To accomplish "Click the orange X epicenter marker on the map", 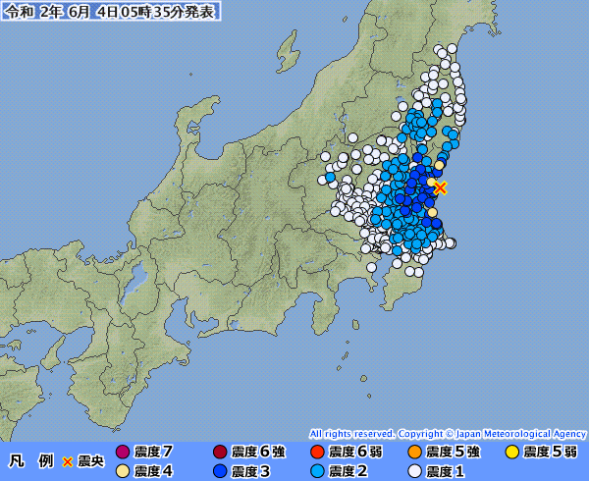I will pyautogui.click(x=441, y=187).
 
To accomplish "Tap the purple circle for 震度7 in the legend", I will pyautogui.click(x=123, y=452).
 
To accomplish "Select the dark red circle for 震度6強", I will pyautogui.click(x=220, y=452).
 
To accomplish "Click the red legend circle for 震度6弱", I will pyautogui.click(x=316, y=452).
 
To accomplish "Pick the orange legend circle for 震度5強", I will pyautogui.click(x=413, y=452).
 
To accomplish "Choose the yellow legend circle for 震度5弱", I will pyautogui.click(x=511, y=452).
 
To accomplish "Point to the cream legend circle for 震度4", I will pyautogui.click(x=123, y=471).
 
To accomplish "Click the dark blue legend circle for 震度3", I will pyautogui.click(x=220, y=471).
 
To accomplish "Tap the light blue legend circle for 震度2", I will pyautogui.click(x=316, y=471).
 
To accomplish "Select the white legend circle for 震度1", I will pyautogui.click(x=413, y=471).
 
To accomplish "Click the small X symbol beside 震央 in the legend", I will pyautogui.click(x=68, y=461).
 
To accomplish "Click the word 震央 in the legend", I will pyautogui.click(x=89, y=461).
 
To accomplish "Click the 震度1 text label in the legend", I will pyautogui.click(x=445, y=471).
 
